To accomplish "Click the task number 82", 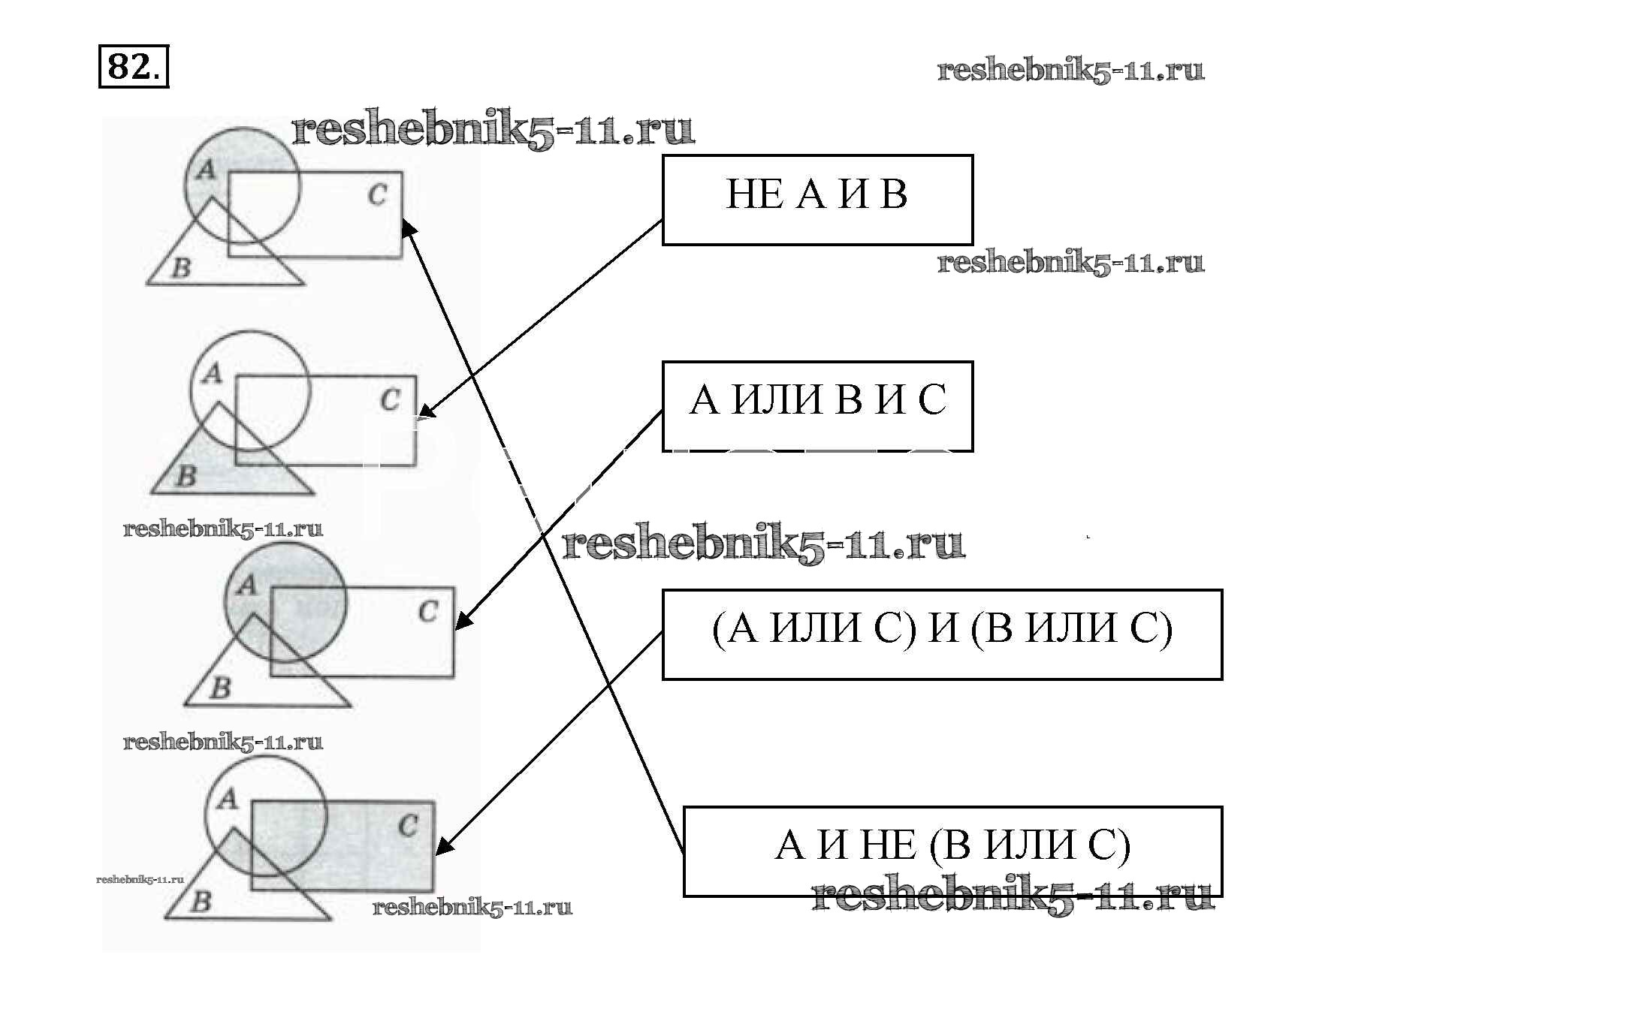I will point(133,67).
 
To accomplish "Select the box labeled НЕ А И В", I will point(817,200).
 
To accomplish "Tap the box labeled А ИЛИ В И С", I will point(817,406).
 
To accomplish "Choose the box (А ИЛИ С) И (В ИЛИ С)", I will point(942,634).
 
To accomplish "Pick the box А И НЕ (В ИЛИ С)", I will point(952,851).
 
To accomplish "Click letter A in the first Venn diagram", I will point(205,171).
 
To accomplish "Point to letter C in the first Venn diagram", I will point(377,195).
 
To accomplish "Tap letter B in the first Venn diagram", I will point(181,267).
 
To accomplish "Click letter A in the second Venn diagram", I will point(213,373).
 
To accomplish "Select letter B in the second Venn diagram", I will point(186,475).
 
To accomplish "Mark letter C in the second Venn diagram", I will point(390,399).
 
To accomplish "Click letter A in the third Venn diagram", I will point(246,585).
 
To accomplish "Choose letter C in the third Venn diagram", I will point(428,612).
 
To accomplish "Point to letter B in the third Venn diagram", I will point(220,688).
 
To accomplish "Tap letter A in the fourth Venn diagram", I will point(227,799).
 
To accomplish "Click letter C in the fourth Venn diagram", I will point(408,827).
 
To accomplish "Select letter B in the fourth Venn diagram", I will point(200,901).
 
